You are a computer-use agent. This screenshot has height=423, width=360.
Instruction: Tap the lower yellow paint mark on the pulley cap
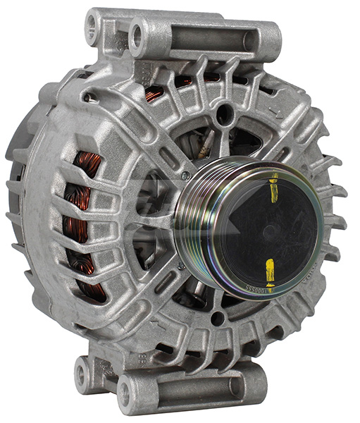click(269, 269)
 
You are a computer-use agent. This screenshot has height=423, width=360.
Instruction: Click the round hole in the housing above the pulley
click(224, 113)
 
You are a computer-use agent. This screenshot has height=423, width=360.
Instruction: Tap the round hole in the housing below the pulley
click(216, 318)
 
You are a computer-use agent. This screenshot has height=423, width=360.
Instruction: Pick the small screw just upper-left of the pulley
click(185, 174)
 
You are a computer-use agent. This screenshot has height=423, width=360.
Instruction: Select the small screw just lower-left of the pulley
click(182, 265)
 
